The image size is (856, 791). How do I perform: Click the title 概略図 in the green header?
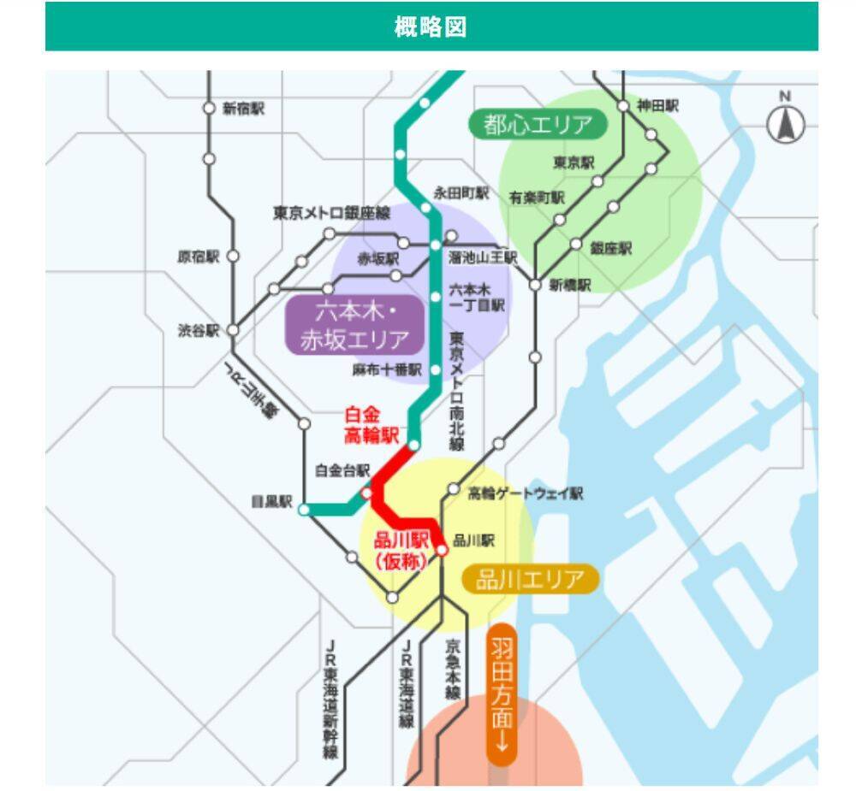pos(431,27)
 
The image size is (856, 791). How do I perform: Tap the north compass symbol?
pos(785,123)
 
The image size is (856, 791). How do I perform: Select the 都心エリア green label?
pos(538,126)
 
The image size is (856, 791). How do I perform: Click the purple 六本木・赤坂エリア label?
pos(355,325)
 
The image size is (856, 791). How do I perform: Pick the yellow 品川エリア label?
pos(530,580)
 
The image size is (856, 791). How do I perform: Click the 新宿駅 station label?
pos(244,108)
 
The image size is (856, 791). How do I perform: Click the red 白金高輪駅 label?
pos(372,425)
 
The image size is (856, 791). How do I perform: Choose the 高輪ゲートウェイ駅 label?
pos(526,493)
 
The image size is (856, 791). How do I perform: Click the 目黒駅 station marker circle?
pos(304,510)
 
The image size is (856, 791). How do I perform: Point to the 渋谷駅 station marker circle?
pos(233,330)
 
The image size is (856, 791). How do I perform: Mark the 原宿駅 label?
pos(199,257)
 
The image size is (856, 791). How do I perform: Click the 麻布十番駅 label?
pos(387,370)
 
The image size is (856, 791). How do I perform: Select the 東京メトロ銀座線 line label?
pos(331,213)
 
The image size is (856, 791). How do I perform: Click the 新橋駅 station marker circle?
pos(535,285)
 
